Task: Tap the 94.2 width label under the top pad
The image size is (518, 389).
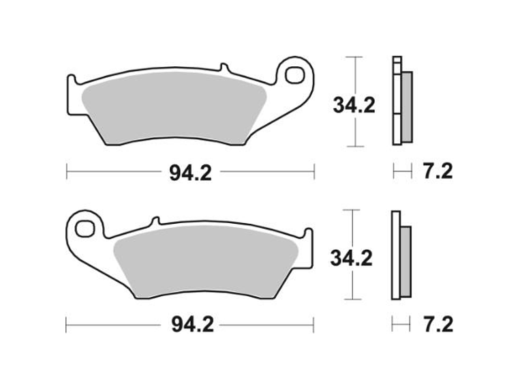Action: pos(190,173)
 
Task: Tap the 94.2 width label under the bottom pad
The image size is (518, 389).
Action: pos(190,324)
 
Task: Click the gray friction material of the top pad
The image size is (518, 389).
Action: pos(170,109)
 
